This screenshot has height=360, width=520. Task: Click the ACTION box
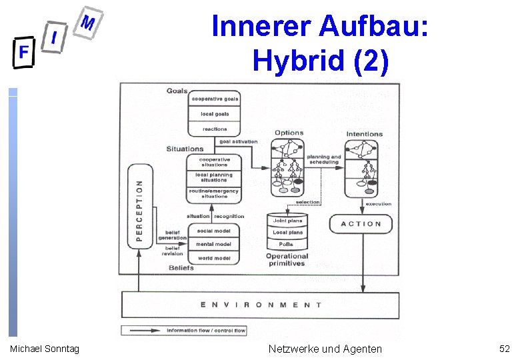click(x=361, y=224)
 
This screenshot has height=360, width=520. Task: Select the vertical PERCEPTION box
click(x=140, y=207)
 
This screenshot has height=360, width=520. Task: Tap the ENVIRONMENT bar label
click(x=261, y=305)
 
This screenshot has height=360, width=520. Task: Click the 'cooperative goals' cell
click(x=215, y=99)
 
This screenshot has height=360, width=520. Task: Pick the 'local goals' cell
click(x=215, y=114)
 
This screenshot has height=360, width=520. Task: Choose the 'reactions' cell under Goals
click(x=215, y=129)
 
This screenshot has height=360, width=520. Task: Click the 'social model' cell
click(x=214, y=231)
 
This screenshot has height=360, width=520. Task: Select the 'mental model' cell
click(x=214, y=244)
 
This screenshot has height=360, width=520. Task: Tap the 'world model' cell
click(x=214, y=258)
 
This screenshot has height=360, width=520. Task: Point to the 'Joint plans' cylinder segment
click(x=287, y=221)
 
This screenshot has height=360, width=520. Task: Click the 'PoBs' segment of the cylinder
click(x=287, y=245)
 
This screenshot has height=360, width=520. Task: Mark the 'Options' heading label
click(x=289, y=133)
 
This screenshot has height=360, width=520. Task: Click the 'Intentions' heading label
click(x=365, y=134)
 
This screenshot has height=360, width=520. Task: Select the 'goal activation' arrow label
click(x=238, y=142)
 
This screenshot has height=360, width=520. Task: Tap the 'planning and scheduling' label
click(x=324, y=159)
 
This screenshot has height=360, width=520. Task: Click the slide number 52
click(x=504, y=348)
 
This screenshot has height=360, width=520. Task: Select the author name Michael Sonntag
click(x=45, y=349)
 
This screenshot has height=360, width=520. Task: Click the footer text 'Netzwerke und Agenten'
click(x=325, y=348)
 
